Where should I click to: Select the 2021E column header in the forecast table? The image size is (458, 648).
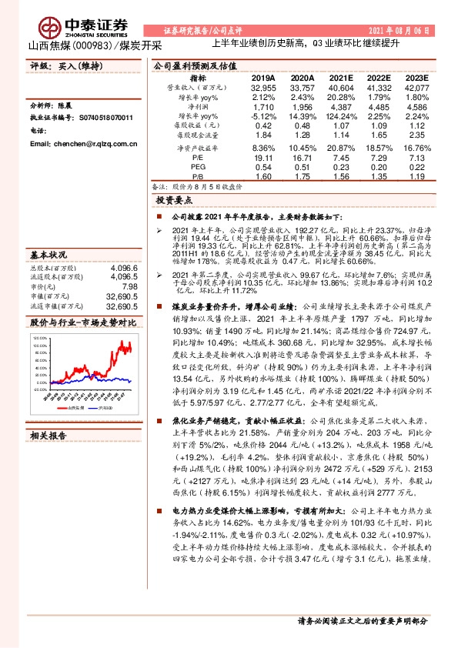(x=340, y=78)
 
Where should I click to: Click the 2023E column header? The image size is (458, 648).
(x=417, y=78)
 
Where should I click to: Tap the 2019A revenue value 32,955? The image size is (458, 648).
(x=263, y=89)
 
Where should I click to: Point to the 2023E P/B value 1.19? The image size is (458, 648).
(x=417, y=175)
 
